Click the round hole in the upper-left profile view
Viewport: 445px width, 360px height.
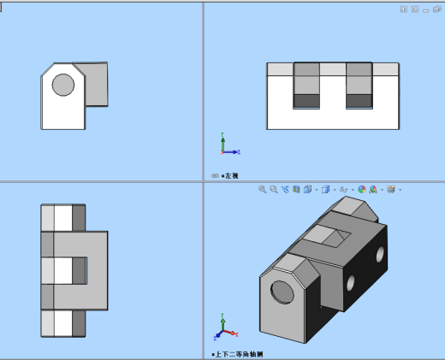click(62, 84)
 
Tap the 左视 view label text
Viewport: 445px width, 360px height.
click(230, 176)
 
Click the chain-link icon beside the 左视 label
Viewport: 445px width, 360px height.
click(215, 176)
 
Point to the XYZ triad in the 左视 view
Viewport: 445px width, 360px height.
click(228, 147)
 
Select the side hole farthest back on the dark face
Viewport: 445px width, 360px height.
click(379, 252)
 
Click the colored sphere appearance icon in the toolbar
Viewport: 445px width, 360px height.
click(361, 189)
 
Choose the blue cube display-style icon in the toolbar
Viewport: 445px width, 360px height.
click(326, 189)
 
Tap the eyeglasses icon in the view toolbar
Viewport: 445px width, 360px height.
click(343, 189)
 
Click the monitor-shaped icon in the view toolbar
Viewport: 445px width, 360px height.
click(391, 189)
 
